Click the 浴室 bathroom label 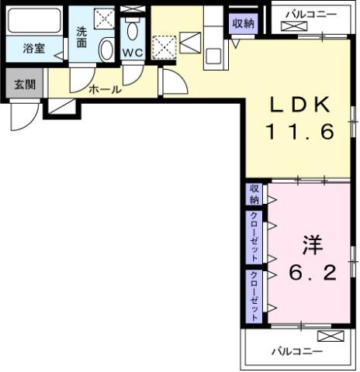33,48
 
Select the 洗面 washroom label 81,39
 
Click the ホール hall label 105,90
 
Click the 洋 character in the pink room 311,246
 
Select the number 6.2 311,274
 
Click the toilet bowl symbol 133,33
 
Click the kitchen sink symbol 213,53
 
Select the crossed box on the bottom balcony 329,337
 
